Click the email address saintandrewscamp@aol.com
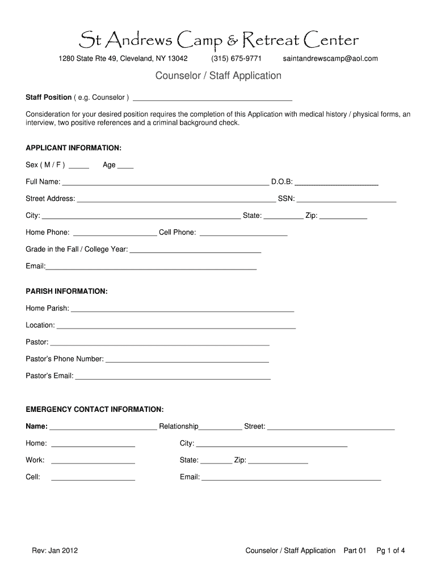pyautogui.click(x=330, y=58)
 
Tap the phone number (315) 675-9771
pyautogui.click(x=236, y=58)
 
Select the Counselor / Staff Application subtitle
pyautogui.click(x=218, y=75)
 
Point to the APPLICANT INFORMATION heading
pyautogui.click(x=74, y=148)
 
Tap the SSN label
pyautogui.click(x=286, y=199)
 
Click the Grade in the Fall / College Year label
pyautogui.click(x=77, y=249)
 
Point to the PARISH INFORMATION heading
pyautogui.click(x=66, y=291)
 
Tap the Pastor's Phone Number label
pyautogui.click(x=65, y=359)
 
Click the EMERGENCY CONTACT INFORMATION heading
pyautogui.click(x=95, y=409)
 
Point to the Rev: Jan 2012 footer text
pyautogui.click(x=54, y=550)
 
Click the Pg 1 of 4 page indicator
pyautogui.click(x=390, y=550)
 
